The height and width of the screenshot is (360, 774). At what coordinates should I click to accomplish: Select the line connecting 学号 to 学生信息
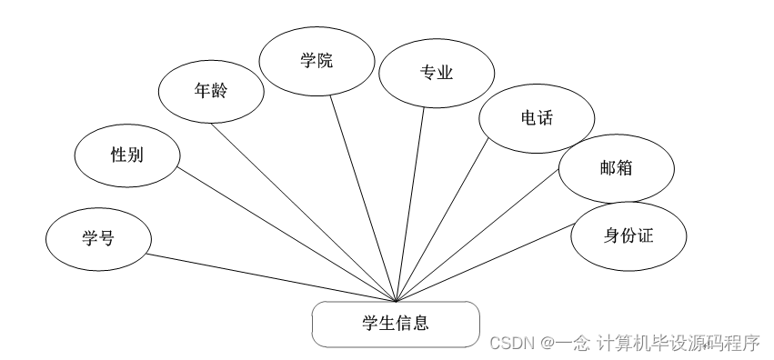tap(272, 277)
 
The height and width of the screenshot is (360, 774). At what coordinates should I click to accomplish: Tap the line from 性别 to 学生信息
tap(286, 235)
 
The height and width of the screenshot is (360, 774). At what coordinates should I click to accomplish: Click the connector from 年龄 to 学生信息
tap(304, 212)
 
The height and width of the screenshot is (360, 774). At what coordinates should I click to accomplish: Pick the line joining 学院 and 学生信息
tap(363, 198)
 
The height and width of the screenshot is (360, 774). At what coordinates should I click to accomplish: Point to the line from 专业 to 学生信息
tap(410, 205)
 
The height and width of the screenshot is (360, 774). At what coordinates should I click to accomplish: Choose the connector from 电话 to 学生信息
tap(442, 219)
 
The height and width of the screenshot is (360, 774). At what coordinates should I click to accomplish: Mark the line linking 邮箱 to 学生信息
tap(477, 235)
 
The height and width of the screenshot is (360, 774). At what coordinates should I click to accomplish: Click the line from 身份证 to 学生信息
tap(485, 263)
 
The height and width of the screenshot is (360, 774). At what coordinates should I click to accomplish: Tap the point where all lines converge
tap(397, 301)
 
